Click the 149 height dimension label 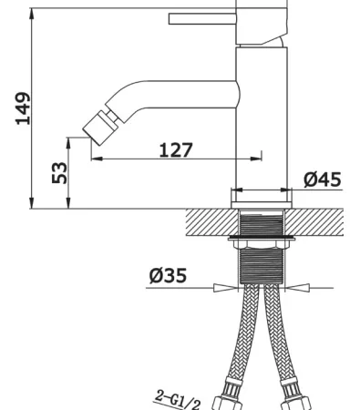click(23, 108)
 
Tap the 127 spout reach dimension click(176, 149)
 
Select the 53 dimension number click(59, 173)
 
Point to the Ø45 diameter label click(323, 179)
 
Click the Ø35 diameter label click(168, 275)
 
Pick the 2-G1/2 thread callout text click(178, 400)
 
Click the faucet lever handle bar click(202, 18)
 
